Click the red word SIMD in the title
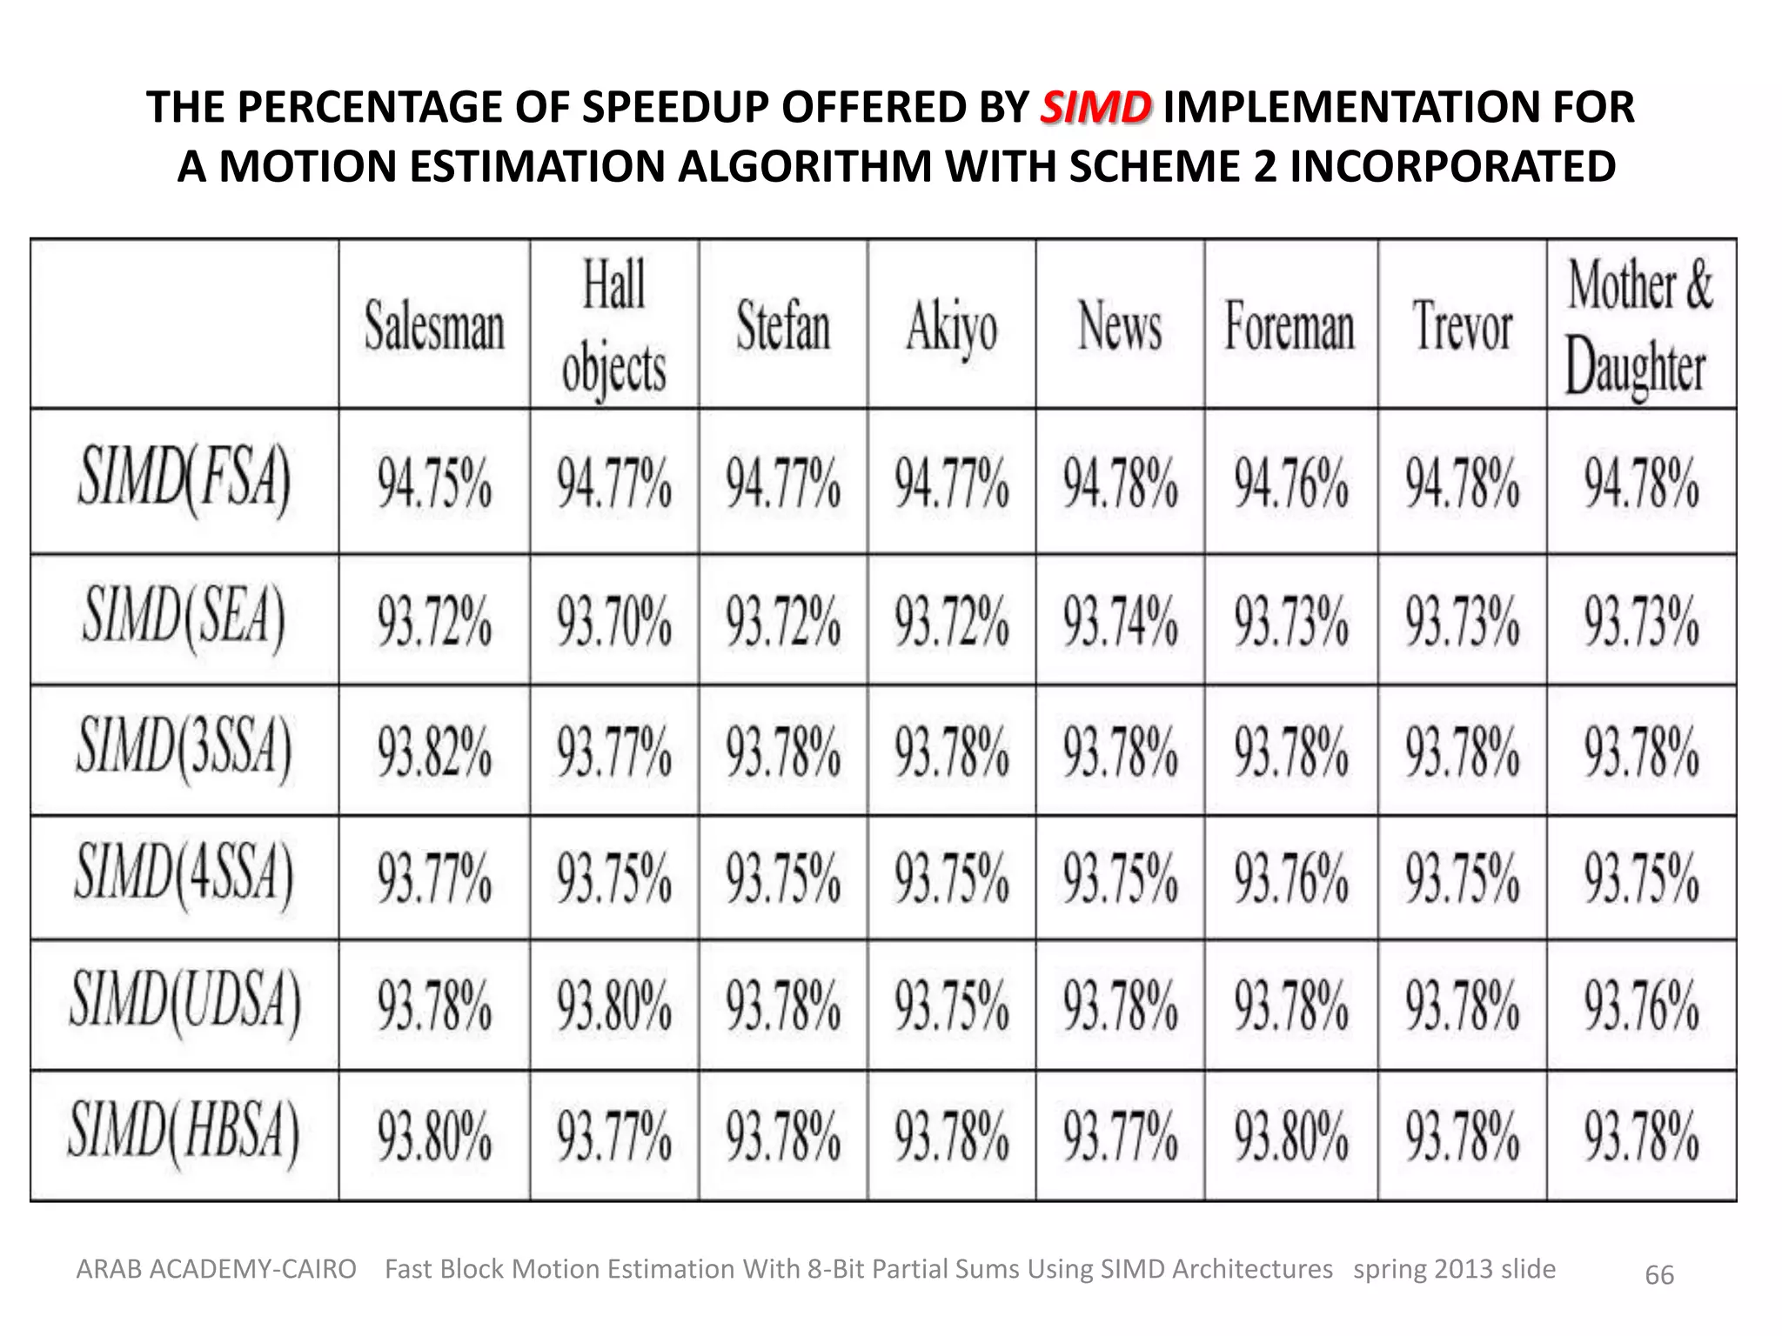(x=1095, y=109)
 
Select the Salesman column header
(x=434, y=326)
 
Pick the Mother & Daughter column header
(x=1639, y=326)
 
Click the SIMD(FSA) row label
(x=184, y=481)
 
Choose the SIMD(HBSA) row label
(x=184, y=1134)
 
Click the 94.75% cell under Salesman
(x=434, y=483)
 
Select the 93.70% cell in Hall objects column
(x=613, y=620)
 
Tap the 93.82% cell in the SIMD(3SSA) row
(x=434, y=751)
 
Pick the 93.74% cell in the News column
(x=1120, y=620)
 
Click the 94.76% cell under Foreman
(x=1290, y=483)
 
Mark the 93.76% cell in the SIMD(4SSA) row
(x=1290, y=877)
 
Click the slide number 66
(x=1659, y=1275)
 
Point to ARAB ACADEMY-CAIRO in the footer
(x=217, y=1270)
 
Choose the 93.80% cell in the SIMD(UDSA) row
(x=613, y=1005)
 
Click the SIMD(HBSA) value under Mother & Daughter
(x=1640, y=1136)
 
